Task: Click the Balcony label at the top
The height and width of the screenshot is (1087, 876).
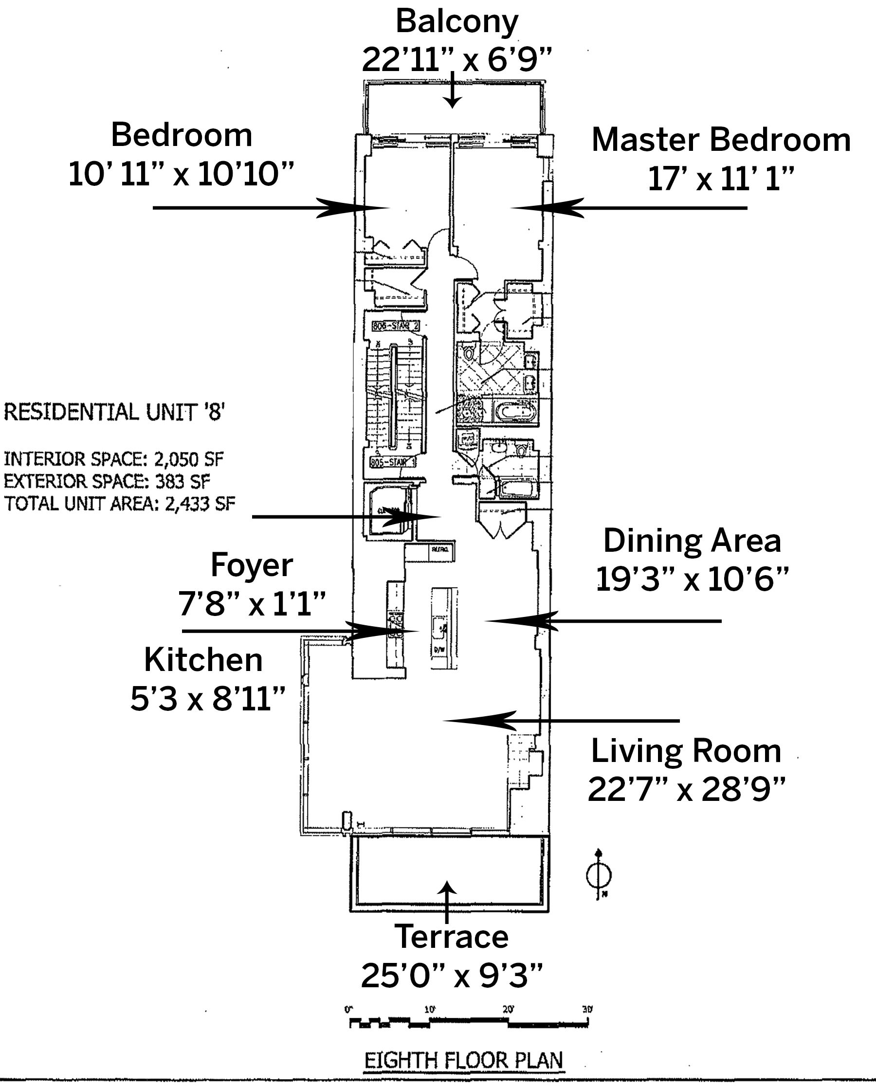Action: click(456, 22)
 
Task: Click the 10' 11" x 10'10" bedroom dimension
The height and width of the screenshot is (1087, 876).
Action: click(181, 175)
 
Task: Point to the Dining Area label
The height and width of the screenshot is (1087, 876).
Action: click(693, 541)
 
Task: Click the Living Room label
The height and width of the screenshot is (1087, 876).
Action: click(686, 751)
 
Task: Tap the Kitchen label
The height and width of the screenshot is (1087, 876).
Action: click(203, 660)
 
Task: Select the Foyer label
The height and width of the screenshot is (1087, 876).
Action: click(252, 565)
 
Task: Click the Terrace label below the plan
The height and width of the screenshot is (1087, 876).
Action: click(452, 937)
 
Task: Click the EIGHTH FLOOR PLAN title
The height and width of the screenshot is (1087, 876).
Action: click(464, 1060)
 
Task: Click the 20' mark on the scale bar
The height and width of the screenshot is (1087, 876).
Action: click(508, 1009)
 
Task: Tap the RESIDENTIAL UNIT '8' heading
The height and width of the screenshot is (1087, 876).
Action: click(114, 412)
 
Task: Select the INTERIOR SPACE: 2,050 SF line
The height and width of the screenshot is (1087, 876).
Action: click(113, 459)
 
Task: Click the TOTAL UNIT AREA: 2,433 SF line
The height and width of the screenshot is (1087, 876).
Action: click(120, 503)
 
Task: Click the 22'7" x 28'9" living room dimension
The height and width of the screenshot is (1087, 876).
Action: click(686, 789)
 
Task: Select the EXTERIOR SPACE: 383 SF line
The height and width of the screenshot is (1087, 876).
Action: click(107, 481)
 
